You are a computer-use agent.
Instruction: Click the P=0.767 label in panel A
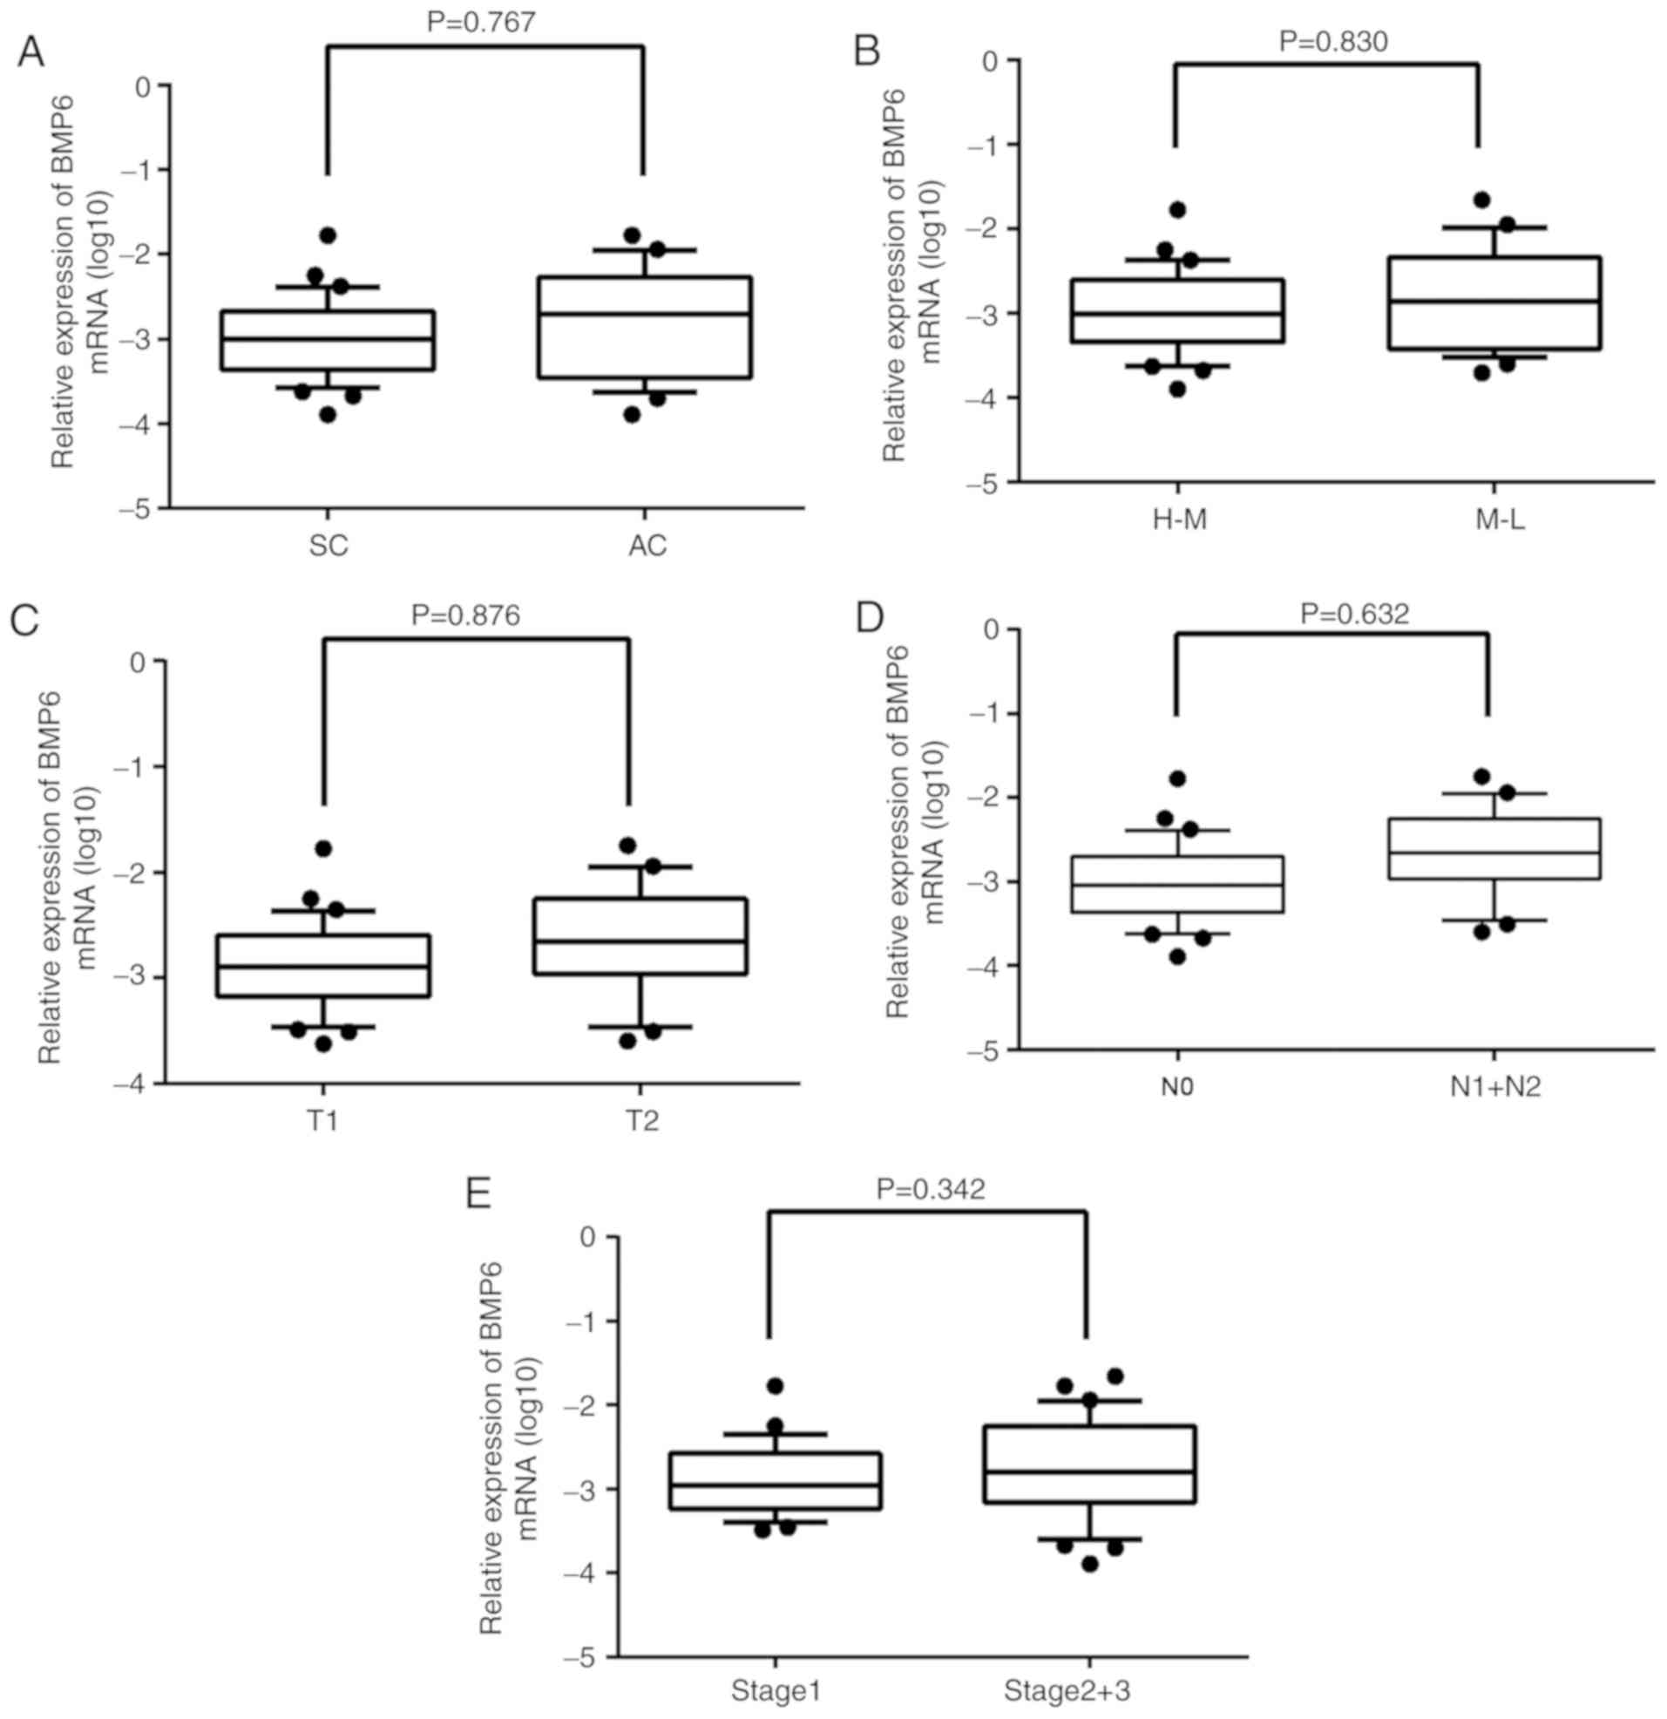click(480, 21)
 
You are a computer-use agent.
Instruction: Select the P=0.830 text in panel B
click(1333, 40)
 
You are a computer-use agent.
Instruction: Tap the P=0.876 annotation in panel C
click(465, 615)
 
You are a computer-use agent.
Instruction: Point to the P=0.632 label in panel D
click(1355, 613)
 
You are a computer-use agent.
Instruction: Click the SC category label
click(329, 546)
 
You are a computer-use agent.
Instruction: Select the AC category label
click(647, 546)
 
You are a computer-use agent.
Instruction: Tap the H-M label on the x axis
click(1179, 520)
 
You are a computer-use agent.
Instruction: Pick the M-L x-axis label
click(1500, 520)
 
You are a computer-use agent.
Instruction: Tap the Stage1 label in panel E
click(776, 1688)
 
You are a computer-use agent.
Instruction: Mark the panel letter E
click(478, 1193)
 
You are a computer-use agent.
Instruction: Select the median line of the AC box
click(646, 313)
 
